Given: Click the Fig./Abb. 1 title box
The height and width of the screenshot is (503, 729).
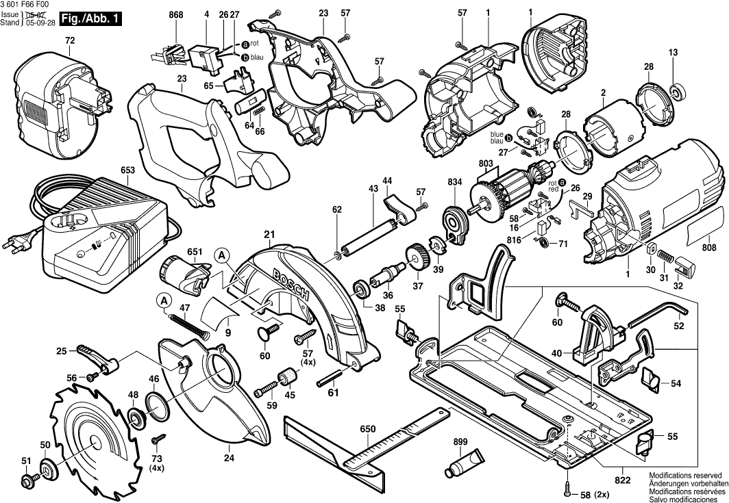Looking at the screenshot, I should coord(89,19).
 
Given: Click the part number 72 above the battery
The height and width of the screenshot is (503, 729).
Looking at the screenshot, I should coord(69,41).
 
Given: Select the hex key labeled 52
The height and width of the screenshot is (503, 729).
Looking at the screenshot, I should coord(658,312).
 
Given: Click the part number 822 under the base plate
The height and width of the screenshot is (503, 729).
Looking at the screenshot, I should coord(622,480).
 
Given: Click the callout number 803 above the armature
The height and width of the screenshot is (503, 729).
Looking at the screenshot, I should coord(486,163).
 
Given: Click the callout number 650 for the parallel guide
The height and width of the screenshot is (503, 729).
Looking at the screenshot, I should coord(368,430).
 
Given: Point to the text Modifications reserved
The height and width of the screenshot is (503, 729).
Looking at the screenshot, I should coord(684,475).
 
